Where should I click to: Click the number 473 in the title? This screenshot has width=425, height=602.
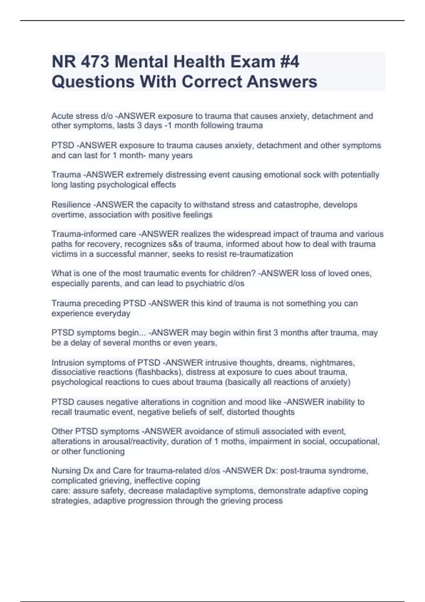tap(95, 62)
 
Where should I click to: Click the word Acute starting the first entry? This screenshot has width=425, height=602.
tap(62, 116)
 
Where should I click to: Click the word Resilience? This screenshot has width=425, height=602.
tap(71, 205)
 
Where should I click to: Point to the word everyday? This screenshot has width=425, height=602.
tap(113, 313)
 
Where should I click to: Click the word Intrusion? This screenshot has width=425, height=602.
tap(67, 363)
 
